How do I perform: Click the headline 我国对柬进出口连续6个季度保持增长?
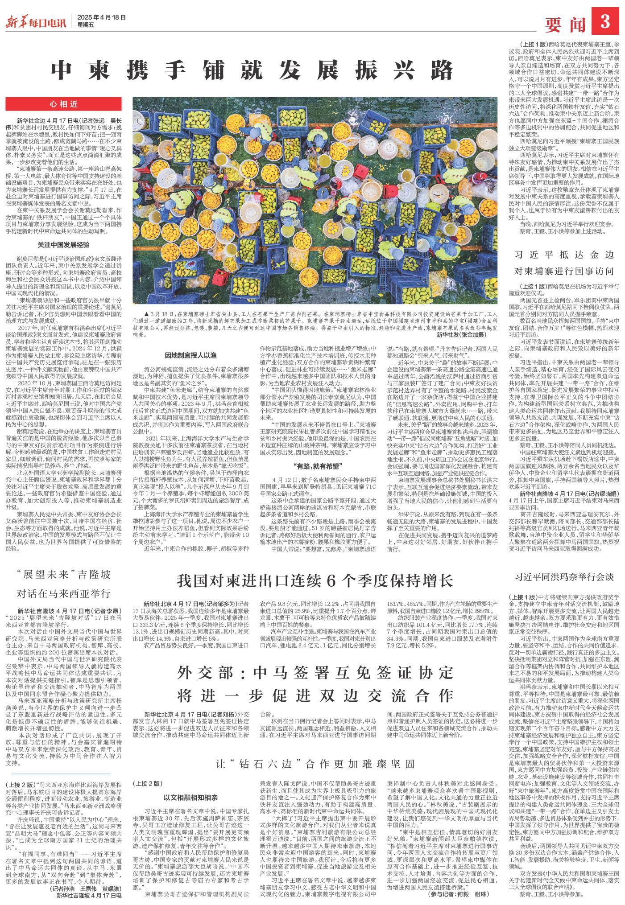315,580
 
